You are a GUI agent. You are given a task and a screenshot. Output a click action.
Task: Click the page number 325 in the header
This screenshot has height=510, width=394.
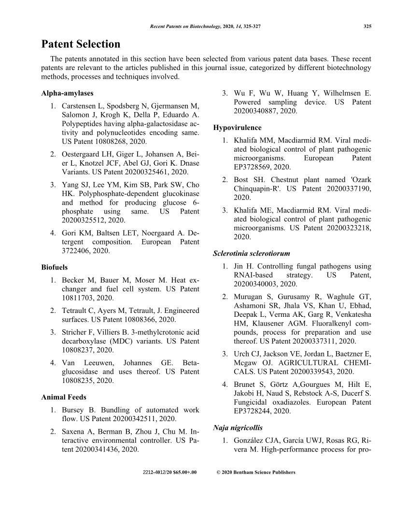367,27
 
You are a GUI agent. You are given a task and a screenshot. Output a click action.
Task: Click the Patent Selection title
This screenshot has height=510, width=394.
81,44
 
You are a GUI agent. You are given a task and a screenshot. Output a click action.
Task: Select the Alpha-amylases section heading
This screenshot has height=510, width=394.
67,93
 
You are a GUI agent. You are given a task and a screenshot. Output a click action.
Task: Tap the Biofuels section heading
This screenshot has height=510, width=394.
55,267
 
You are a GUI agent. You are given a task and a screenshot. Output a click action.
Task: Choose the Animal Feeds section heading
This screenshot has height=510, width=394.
64,397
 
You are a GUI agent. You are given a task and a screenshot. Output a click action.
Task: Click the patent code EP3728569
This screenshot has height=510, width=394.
254,167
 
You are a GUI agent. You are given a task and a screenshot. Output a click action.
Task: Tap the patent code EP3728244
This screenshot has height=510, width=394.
254,411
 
